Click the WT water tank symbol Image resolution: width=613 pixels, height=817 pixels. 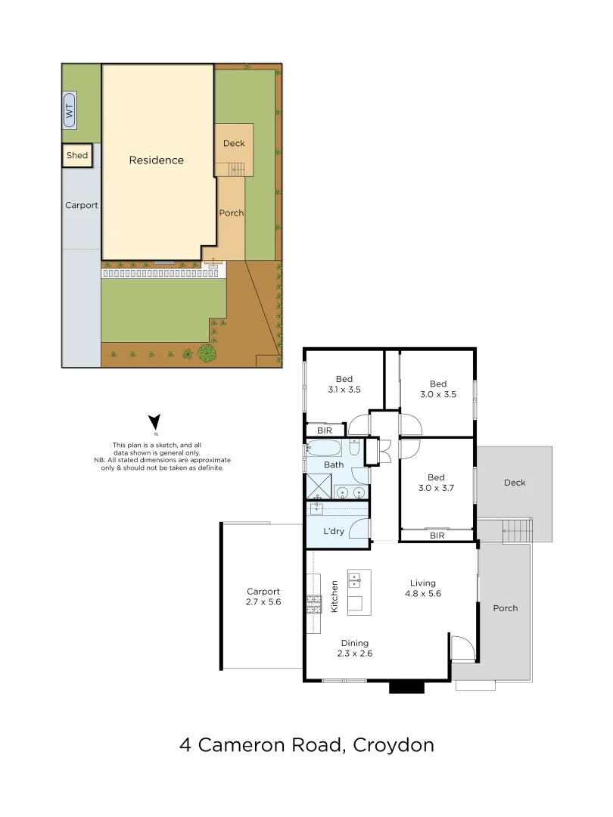click(x=70, y=110)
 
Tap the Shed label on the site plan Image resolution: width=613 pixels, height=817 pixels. click(x=77, y=155)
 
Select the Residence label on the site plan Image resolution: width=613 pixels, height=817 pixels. click(x=156, y=160)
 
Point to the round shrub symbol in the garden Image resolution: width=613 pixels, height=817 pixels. click(x=206, y=353)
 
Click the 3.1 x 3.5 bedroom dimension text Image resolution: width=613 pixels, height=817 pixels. click(x=344, y=390)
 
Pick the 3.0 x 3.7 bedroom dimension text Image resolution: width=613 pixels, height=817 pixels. click(x=436, y=489)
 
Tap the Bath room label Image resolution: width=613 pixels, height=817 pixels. click(x=334, y=464)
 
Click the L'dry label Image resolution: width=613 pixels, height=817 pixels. click(x=334, y=531)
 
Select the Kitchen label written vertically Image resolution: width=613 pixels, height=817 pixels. click(x=334, y=596)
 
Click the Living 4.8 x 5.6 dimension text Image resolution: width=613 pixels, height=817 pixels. click(x=423, y=594)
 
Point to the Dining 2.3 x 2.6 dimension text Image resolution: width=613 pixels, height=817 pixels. click(x=354, y=653)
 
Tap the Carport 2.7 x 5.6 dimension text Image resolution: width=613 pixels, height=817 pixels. click(x=263, y=603)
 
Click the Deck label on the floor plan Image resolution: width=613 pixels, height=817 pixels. click(x=514, y=483)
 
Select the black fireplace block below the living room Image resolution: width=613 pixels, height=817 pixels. click(x=407, y=688)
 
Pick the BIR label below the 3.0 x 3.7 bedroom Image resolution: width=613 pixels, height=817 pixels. click(x=437, y=536)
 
